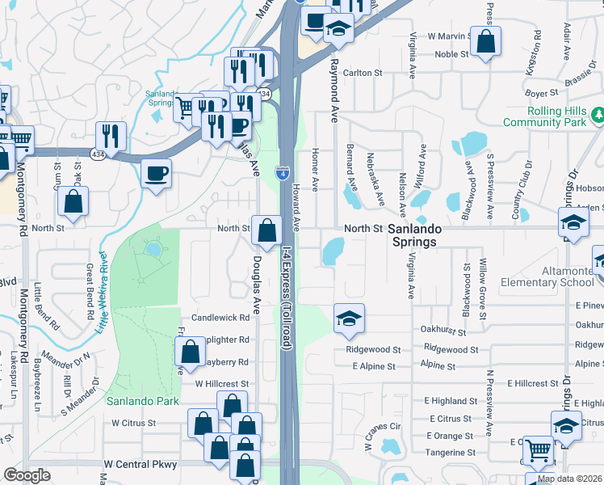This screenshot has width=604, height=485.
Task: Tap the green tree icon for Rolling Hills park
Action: [598, 115]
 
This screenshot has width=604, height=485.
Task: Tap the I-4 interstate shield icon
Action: [282, 171]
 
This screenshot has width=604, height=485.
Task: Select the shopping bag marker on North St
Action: [266, 231]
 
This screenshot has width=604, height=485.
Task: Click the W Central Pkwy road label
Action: [141, 465]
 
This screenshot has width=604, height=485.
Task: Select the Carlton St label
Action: [362, 73]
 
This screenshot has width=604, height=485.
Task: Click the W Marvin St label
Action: [450, 36]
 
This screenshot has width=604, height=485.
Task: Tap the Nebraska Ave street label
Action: [374, 178]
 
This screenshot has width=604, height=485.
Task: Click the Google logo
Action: [27, 475]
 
